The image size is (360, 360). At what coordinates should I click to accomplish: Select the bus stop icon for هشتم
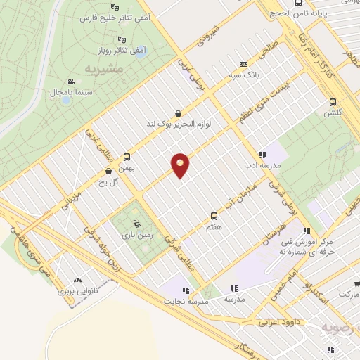(214, 216)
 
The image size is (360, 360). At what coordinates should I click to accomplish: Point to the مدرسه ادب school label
(262, 166)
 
